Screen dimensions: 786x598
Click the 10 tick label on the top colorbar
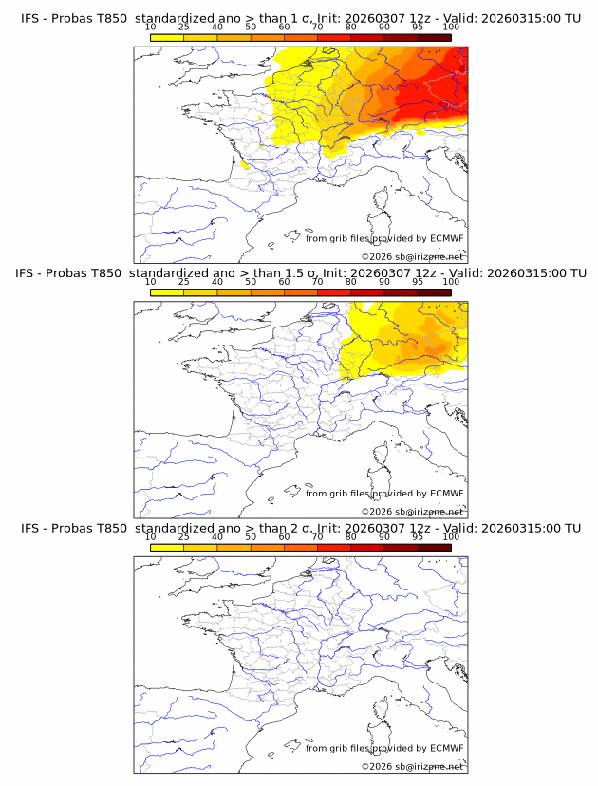151,28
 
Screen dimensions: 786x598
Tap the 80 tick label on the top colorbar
350,28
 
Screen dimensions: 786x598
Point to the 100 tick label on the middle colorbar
451,282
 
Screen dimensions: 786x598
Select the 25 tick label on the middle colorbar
184,282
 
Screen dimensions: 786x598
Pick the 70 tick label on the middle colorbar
317,282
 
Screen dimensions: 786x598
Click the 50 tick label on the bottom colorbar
251,537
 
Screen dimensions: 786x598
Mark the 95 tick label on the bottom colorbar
418,537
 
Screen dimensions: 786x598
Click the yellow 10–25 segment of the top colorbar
167,37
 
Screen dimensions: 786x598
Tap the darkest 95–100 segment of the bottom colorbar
434,548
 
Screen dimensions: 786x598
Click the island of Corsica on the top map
382,202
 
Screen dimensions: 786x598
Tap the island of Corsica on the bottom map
382,712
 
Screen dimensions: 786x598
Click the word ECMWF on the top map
446,238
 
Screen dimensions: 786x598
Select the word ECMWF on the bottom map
446,748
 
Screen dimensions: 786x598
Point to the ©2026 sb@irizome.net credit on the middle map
413,511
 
